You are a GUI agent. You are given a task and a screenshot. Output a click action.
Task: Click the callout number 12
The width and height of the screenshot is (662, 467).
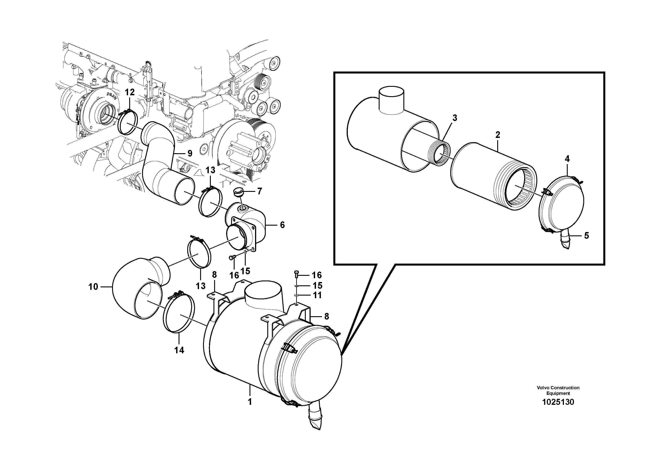point(130,92)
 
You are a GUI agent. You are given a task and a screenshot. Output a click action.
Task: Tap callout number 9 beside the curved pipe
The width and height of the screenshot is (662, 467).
point(190,153)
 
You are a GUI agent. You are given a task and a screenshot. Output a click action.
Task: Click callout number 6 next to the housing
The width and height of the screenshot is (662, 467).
point(282,225)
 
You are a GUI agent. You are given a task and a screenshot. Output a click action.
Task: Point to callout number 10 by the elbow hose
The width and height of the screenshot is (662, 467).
point(93,287)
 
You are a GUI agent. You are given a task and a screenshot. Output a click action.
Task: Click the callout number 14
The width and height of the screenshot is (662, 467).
point(179,350)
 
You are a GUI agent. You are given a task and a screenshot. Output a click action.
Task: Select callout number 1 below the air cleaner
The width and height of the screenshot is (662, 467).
point(250,402)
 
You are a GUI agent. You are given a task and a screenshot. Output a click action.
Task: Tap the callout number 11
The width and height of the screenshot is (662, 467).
point(317,295)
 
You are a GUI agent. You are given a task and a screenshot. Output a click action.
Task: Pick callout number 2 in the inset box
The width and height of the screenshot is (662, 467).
point(498,135)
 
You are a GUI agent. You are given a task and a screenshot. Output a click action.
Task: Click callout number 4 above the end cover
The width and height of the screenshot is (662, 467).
point(567,158)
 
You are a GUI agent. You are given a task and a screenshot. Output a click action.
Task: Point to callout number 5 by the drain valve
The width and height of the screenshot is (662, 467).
point(586,236)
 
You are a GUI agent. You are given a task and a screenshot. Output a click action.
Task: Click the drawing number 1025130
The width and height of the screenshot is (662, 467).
point(558,402)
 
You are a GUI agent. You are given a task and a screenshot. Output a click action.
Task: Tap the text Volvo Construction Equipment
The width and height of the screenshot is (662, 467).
point(558,390)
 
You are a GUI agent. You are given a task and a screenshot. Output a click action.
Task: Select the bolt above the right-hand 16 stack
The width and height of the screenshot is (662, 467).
point(297,272)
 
